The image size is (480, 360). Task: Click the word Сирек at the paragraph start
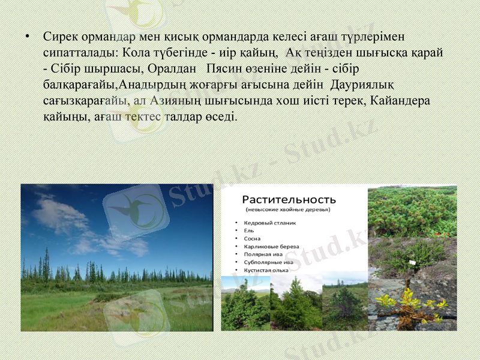coord(59,37)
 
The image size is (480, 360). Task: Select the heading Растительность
coord(289,199)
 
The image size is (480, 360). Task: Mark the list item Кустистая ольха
coord(266,270)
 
